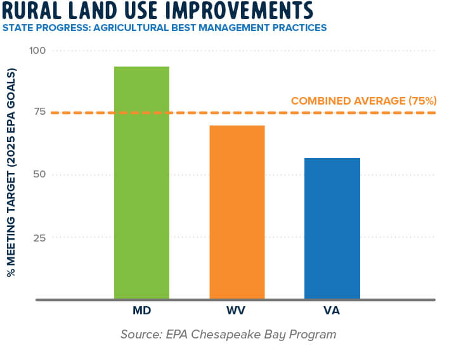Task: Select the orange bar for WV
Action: click(x=237, y=212)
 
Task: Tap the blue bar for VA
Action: click(x=332, y=228)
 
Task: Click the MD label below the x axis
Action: click(x=141, y=312)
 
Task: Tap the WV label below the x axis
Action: click(x=237, y=312)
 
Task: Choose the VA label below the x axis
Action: click(x=332, y=312)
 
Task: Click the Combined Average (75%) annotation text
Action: click(x=363, y=101)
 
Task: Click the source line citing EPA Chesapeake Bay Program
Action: click(x=228, y=334)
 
